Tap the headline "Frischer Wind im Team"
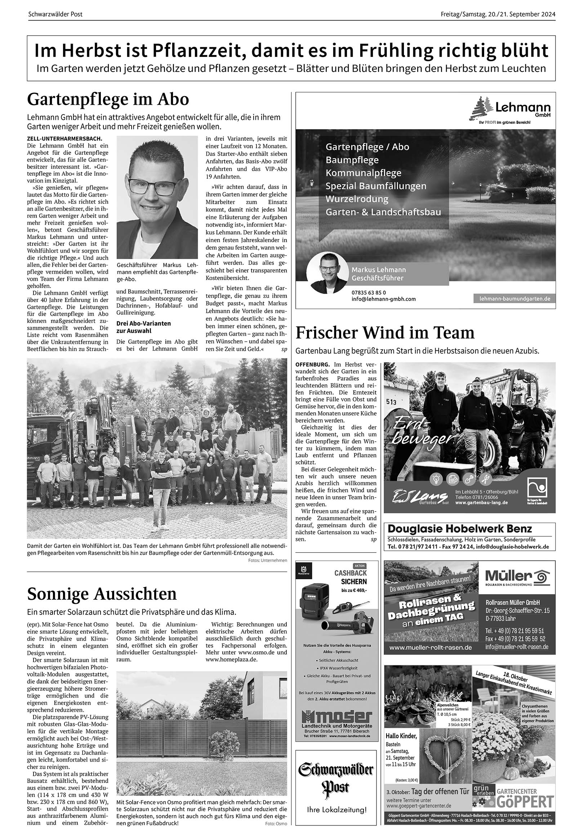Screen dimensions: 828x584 pyautogui.click(x=385, y=333)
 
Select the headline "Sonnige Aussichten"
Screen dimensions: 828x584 pyautogui.click(x=102, y=594)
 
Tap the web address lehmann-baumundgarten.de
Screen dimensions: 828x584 pyautogui.click(x=514, y=298)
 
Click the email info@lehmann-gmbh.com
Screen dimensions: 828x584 pyautogui.click(x=383, y=299)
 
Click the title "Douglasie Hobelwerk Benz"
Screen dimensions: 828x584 pyautogui.click(x=459, y=529)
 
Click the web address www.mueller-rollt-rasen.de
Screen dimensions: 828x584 pyautogui.click(x=431, y=647)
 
